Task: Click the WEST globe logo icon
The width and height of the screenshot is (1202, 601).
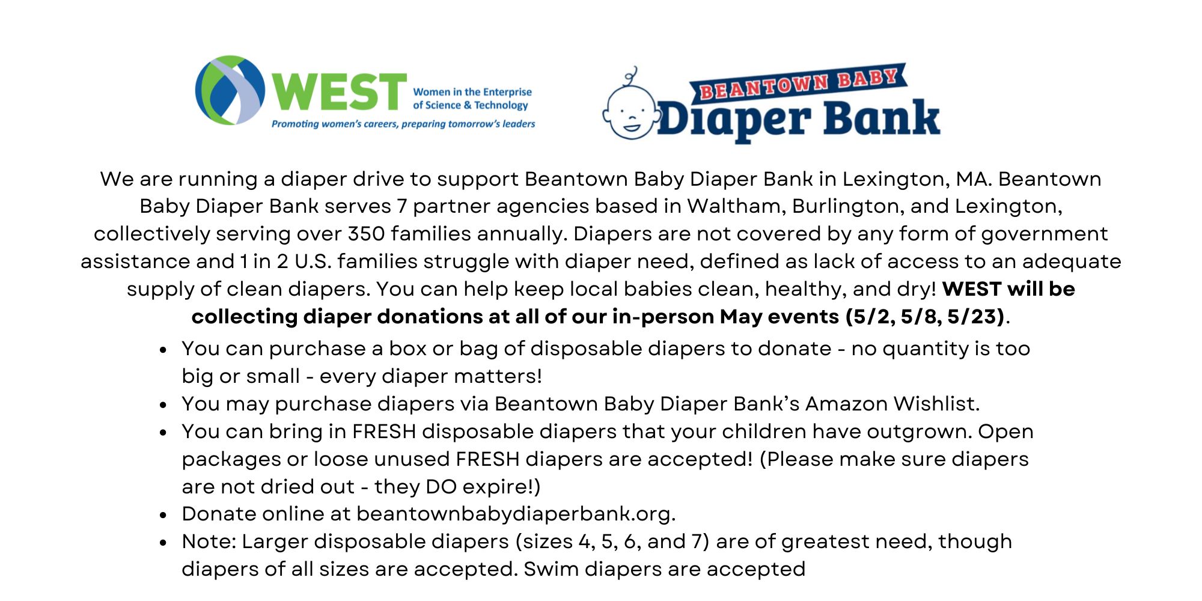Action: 230,91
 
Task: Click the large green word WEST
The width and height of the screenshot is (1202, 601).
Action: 339,92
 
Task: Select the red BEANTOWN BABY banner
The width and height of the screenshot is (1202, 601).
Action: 798,84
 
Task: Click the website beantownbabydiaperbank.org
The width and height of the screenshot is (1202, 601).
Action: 516,514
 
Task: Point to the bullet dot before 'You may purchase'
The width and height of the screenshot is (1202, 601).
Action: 163,405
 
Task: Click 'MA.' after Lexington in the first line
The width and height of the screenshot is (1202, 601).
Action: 972,179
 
